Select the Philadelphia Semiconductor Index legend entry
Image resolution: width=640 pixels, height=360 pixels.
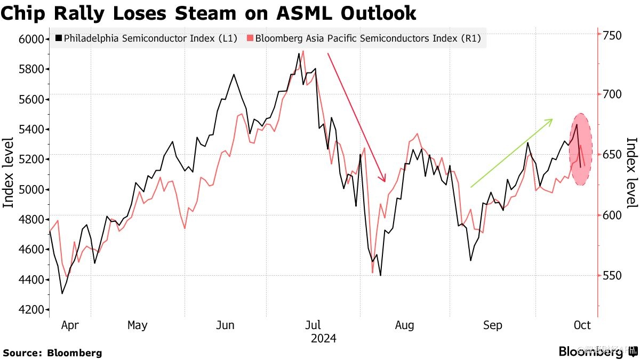(146, 38)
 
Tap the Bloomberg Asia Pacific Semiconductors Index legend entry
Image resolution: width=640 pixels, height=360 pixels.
(365, 38)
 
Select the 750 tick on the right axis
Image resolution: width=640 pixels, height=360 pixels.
(613, 35)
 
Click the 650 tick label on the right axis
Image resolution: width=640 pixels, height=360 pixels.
(613, 155)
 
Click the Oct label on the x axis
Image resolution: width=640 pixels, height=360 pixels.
(581, 325)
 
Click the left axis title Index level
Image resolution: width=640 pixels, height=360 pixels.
(9, 172)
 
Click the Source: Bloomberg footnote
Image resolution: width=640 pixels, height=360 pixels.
(52, 353)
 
